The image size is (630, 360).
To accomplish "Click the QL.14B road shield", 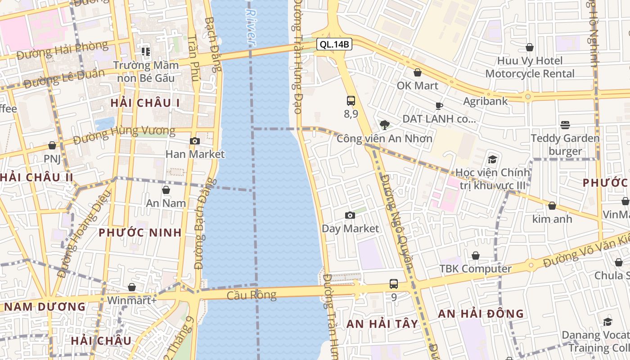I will tap(333, 44).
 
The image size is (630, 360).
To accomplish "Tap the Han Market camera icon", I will tap(195, 141).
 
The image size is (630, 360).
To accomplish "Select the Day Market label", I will tap(350, 229).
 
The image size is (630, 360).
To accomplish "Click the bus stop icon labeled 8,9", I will tap(351, 101).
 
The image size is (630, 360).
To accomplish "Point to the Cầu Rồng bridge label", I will tap(251, 295).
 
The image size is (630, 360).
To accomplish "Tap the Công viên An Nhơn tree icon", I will tap(384, 125).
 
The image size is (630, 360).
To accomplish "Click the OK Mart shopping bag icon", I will tap(418, 72).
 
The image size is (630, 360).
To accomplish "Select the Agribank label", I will tap(486, 101).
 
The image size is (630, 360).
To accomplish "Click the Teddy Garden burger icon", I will tap(565, 125).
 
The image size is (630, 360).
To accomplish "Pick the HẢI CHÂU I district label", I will tap(145, 103).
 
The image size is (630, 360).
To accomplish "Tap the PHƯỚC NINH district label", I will tap(140, 233).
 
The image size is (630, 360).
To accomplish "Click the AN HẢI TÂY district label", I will tap(382, 324).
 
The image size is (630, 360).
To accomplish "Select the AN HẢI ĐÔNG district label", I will tap(481, 314).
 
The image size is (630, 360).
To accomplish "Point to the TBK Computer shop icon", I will tap(476, 256).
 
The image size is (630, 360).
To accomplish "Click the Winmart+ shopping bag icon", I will tap(132, 287).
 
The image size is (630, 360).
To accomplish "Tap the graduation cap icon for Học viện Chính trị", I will tap(493, 159).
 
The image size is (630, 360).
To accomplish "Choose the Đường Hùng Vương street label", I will tap(124, 135).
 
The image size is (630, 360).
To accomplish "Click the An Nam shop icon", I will tap(166, 190).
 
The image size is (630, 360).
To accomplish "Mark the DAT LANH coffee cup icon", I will tap(439, 106).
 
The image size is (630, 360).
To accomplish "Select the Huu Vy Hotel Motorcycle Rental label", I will tap(530, 67).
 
